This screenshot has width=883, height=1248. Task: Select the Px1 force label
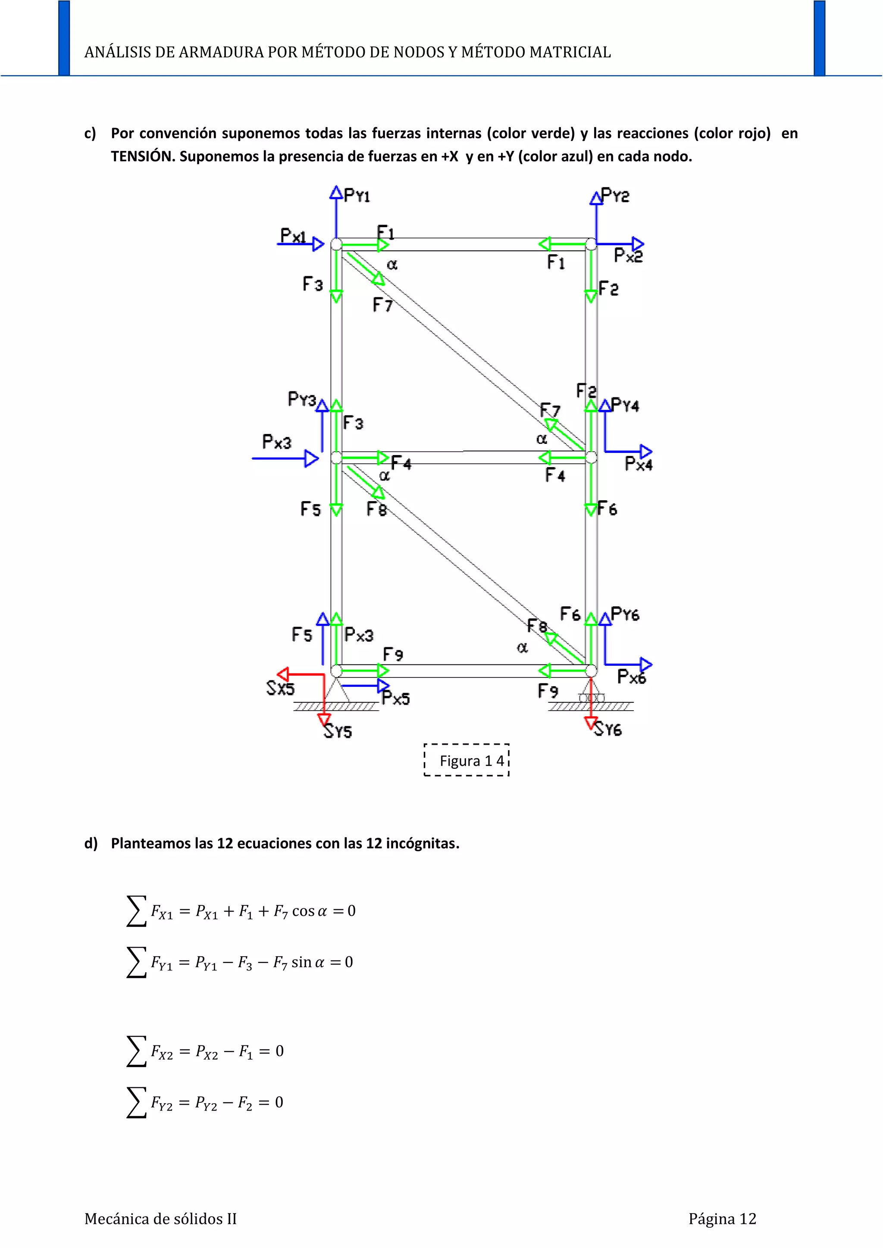293,235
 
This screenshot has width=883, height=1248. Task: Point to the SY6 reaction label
608,729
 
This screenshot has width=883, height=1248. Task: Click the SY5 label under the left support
338,731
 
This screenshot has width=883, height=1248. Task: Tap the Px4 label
639,464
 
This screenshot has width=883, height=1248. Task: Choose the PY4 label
625,405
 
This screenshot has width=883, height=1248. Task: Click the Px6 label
632,677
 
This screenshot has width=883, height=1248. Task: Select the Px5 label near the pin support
396,698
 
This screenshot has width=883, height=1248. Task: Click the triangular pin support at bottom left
337,690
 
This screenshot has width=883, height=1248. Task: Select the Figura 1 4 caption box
467,760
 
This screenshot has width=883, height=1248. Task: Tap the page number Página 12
722,1219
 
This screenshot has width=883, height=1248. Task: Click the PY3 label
302,399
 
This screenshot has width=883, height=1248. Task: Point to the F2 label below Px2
608,289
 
